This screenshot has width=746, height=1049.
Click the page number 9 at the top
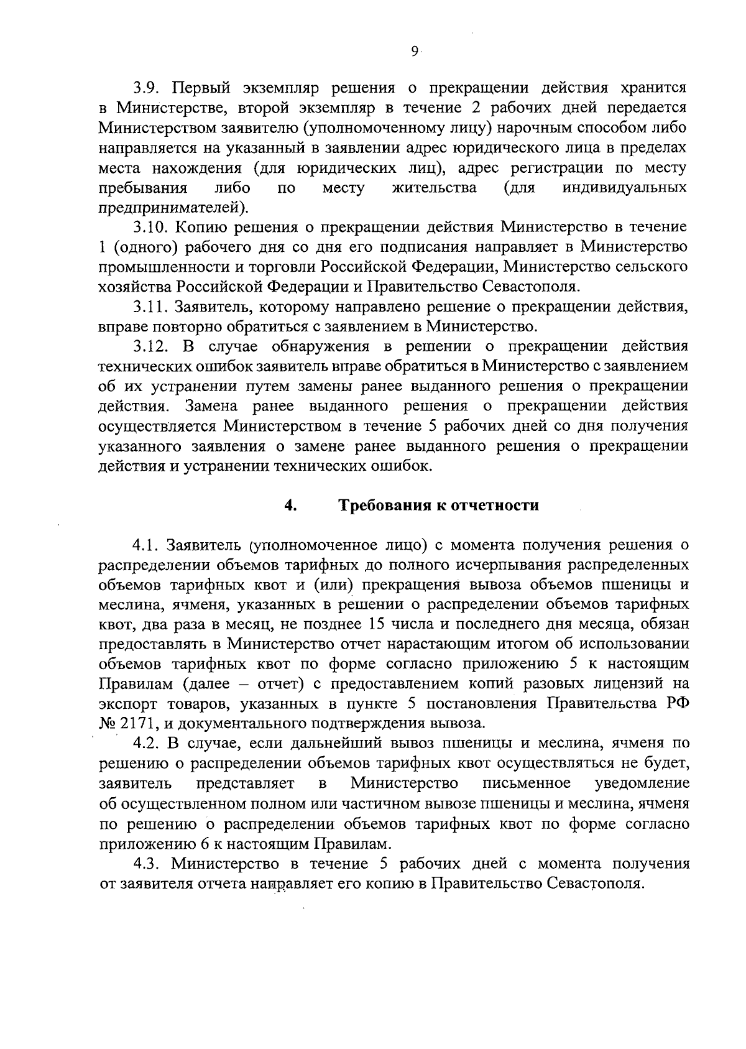[x=415, y=53]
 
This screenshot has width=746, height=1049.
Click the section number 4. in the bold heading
[x=290, y=505]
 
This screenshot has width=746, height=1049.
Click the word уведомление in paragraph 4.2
[x=641, y=783]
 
